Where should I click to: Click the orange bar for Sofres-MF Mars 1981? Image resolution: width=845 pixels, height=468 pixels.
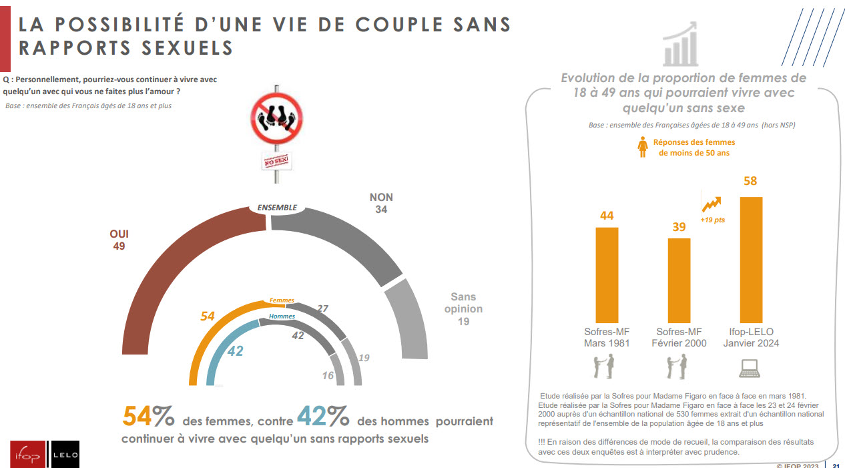point(607,274)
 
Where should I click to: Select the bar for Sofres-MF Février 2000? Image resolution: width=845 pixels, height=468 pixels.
point(679,280)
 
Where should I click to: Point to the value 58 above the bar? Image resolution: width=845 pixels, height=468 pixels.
point(751,181)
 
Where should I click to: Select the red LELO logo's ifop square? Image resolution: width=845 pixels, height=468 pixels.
point(27,455)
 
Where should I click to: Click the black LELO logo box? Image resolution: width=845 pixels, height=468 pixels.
point(65,455)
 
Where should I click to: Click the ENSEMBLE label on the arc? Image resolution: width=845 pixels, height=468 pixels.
point(277,208)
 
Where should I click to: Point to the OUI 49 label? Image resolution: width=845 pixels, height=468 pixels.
point(119,240)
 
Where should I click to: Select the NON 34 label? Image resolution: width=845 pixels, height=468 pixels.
point(381,203)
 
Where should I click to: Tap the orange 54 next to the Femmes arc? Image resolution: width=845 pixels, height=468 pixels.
point(208,316)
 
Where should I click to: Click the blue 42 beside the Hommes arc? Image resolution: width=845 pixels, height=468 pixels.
point(235,350)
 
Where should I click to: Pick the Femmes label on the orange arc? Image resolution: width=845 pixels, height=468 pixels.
point(282,301)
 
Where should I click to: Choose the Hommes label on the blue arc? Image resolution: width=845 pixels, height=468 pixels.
point(282,316)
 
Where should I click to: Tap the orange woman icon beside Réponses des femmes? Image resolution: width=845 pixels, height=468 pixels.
point(643,148)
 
